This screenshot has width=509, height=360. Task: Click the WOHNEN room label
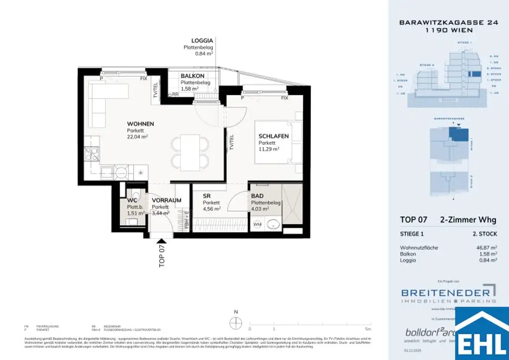click(x=140, y=124)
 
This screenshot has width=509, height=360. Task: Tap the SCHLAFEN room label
click(x=273, y=136)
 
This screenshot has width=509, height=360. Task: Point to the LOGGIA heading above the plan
click(x=202, y=41)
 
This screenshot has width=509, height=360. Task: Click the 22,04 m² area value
click(x=137, y=136)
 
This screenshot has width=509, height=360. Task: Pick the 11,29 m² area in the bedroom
click(x=268, y=148)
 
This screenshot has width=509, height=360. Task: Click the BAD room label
click(x=257, y=196)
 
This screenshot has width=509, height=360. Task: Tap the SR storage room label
click(x=207, y=196)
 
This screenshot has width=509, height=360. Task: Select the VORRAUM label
click(x=163, y=200)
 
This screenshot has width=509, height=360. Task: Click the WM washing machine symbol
click(x=257, y=225)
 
